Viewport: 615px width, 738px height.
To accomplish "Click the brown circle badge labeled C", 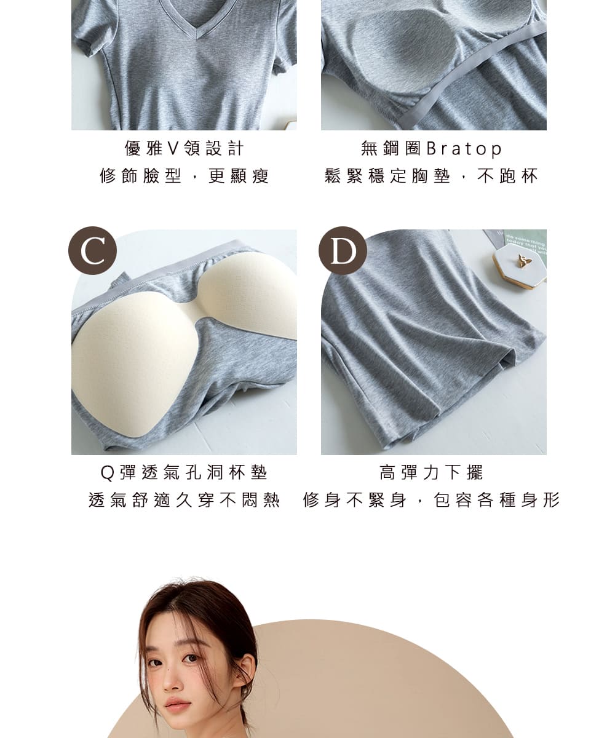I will tap(92, 250).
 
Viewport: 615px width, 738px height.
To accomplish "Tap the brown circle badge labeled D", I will tap(343, 250).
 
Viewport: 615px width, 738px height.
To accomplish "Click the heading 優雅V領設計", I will tap(184, 148).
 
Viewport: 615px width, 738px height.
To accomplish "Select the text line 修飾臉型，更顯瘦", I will tap(184, 177).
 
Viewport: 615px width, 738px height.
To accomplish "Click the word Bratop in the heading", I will tap(464, 149).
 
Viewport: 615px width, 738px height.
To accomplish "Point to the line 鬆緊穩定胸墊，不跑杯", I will tap(431, 177).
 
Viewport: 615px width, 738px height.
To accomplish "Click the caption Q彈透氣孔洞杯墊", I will tap(184, 472).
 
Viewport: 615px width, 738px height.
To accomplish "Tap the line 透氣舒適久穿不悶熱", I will tap(184, 500).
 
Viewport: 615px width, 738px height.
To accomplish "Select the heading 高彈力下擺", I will tap(431, 472).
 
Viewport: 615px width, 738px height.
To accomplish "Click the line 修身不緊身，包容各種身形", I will tap(431, 500).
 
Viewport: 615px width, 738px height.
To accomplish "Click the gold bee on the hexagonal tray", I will tap(523, 261).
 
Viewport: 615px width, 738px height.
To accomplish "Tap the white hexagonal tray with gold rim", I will tap(520, 266).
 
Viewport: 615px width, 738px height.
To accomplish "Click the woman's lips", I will tap(177, 704).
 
